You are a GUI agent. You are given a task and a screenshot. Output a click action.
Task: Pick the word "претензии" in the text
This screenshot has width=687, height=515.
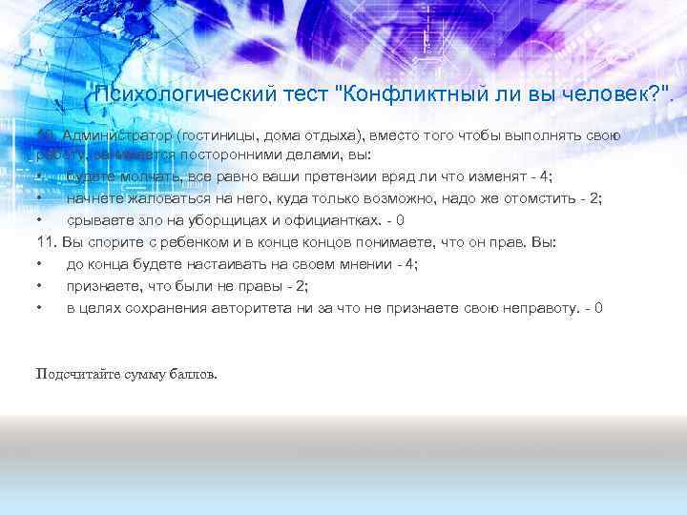[x=317, y=177]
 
